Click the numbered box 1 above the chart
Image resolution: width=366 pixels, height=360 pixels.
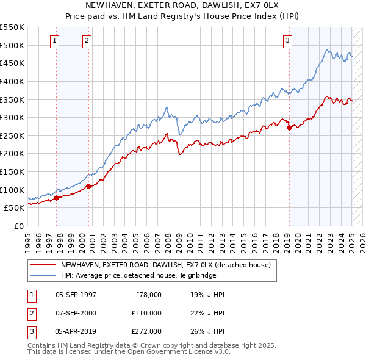coord(55,41)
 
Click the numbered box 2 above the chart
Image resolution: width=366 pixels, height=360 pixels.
coord(87,41)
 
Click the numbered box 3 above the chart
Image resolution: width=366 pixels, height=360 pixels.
coord(287,41)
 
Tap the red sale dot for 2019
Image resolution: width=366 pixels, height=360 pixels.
coord(289,128)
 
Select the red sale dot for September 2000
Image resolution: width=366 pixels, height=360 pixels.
coord(89,186)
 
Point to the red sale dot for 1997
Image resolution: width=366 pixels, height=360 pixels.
coord(57,198)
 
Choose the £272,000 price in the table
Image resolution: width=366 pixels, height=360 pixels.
coord(146,331)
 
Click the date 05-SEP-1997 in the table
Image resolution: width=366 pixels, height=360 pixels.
coord(76,294)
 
